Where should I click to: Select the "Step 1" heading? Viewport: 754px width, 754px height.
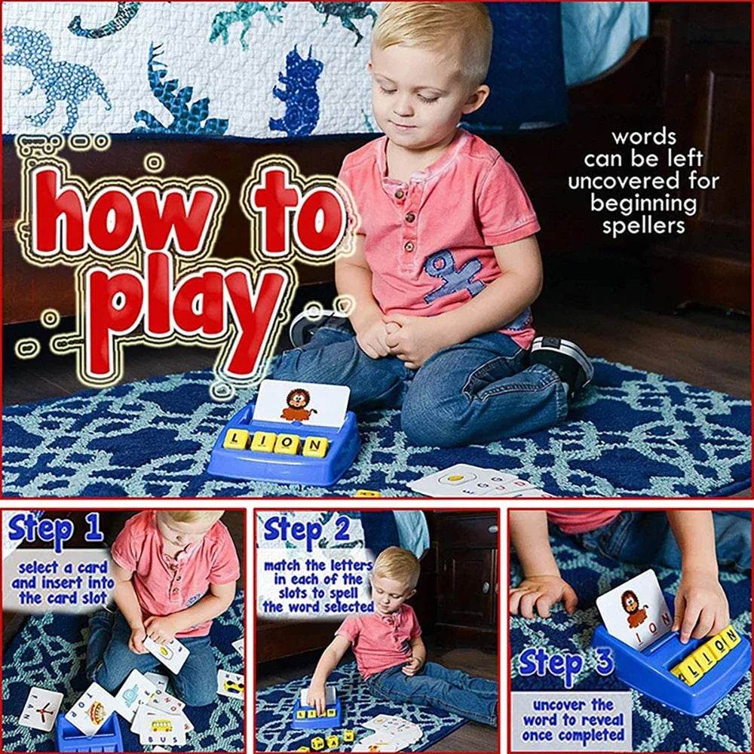coord(57,530)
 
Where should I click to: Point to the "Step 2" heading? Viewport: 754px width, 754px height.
coord(306,530)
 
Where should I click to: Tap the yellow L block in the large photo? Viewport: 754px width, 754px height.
coord(234,438)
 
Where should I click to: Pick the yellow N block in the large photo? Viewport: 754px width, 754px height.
coord(315,446)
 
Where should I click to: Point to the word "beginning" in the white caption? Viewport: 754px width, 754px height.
coord(643,204)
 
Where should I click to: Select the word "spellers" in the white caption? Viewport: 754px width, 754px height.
coord(643,226)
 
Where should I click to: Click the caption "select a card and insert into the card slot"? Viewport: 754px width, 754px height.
coord(62,582)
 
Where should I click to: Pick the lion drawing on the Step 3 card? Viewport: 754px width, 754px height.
coord(635,607)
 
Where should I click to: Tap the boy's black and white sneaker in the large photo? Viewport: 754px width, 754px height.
coord(562,363)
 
